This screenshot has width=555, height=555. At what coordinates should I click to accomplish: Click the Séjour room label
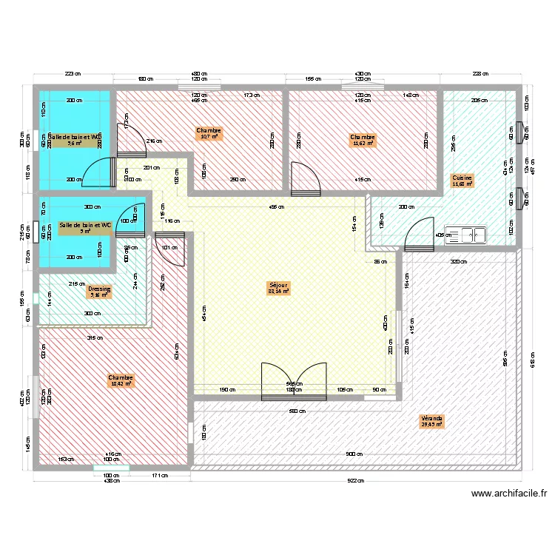[278, 288]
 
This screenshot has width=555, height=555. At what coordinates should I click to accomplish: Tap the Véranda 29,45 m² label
[431, 421]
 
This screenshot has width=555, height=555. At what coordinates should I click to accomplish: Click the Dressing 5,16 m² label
[98, 292]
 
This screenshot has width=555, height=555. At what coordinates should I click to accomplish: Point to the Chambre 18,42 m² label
[120, 380]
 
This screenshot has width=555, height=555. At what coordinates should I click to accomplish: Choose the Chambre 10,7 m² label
[209, 133]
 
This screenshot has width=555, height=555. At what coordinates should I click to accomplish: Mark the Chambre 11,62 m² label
[363, 140]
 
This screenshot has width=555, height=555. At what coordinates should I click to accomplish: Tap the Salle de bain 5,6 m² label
[74, 141]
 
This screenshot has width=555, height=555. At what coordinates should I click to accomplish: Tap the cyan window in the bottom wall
[111, 468]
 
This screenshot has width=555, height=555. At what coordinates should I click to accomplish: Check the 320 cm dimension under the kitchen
[459, 261]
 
